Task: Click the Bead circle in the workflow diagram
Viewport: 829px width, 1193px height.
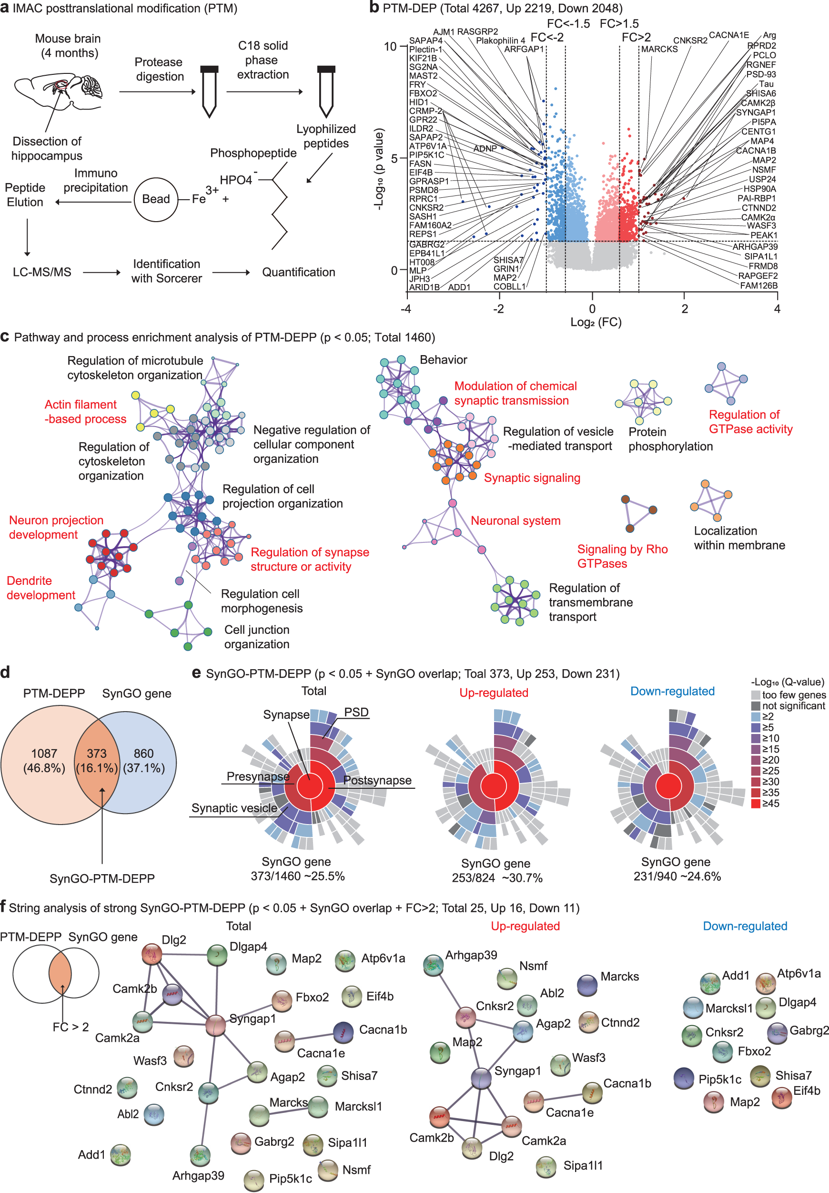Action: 156,200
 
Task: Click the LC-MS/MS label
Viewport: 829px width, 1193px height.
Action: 41,272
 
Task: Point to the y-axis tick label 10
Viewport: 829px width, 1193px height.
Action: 390,47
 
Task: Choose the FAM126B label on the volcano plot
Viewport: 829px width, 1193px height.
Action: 758,285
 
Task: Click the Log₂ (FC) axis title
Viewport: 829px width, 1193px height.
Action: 596,322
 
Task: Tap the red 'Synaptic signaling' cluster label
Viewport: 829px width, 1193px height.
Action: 532,478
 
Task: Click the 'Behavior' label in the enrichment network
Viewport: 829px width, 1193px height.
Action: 443,360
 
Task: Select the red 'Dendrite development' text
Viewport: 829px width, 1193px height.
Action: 40,588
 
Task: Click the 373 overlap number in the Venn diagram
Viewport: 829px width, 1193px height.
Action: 97,754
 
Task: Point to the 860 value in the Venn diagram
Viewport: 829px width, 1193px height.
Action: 143,754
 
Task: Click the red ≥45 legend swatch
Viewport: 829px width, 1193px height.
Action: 756,803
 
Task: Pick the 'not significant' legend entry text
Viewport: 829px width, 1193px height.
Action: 793,705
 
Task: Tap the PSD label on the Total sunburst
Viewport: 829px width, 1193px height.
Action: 356,713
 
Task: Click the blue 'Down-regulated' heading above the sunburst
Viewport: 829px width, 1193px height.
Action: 672,692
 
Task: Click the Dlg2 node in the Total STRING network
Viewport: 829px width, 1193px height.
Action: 152,953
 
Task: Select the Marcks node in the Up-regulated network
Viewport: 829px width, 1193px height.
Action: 587,985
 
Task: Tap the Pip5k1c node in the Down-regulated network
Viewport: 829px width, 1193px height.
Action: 684,1078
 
